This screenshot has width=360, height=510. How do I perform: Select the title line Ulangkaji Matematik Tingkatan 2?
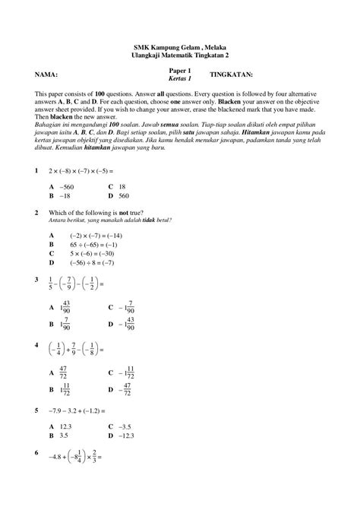pos(179,55)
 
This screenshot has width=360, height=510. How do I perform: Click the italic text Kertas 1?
pos(180,79)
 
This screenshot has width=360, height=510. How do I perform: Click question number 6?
pos(36,454)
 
